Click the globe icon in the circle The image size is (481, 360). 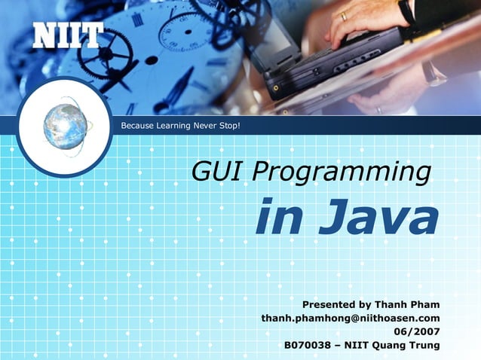[65, 127]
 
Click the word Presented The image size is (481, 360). [328, 305]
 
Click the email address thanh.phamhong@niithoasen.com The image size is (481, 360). [351, 319]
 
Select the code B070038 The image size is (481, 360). [307, 346]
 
